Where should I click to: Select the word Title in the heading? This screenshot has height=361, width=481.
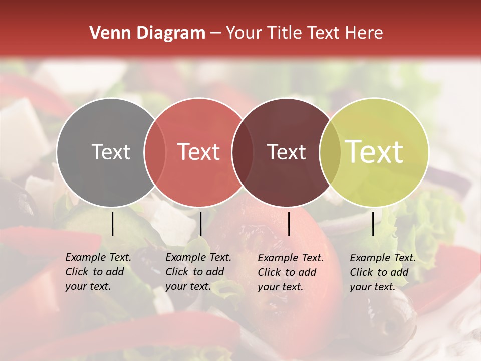click(x=285, y=33)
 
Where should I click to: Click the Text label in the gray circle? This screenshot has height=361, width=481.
click(x=111, y=152)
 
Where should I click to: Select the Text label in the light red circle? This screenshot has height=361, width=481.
click(x=199, y=152)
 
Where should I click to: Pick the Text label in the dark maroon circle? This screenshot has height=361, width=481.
click(x=286, y=152)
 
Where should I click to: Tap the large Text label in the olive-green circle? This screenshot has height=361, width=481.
click(x=374, y=152)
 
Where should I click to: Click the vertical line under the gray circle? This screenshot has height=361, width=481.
click(x=112, y=224)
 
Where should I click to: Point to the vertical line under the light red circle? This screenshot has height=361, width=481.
click(x=200, y=224)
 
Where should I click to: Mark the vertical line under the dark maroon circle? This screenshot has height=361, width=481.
click(x=289, y=224)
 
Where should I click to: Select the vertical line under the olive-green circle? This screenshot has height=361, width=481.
click(x=373, y=224)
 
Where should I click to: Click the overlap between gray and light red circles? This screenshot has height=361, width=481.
click(x=155, y=152)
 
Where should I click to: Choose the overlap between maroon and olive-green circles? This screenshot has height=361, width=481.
click(x=330, y=152)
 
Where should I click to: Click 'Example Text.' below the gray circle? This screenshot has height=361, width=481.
click(x=98, y=257)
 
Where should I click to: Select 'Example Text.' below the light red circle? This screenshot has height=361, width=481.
click(x=198, y=257)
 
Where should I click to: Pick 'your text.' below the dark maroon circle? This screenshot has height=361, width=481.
click(x=280, y=287)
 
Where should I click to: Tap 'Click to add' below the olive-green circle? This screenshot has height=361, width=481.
click(x=379, y=272)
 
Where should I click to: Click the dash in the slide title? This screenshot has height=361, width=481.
click(x=215, y=34)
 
